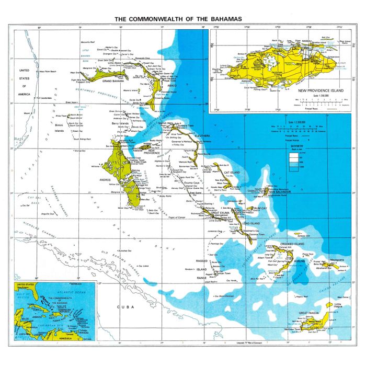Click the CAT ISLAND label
point(232,172)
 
